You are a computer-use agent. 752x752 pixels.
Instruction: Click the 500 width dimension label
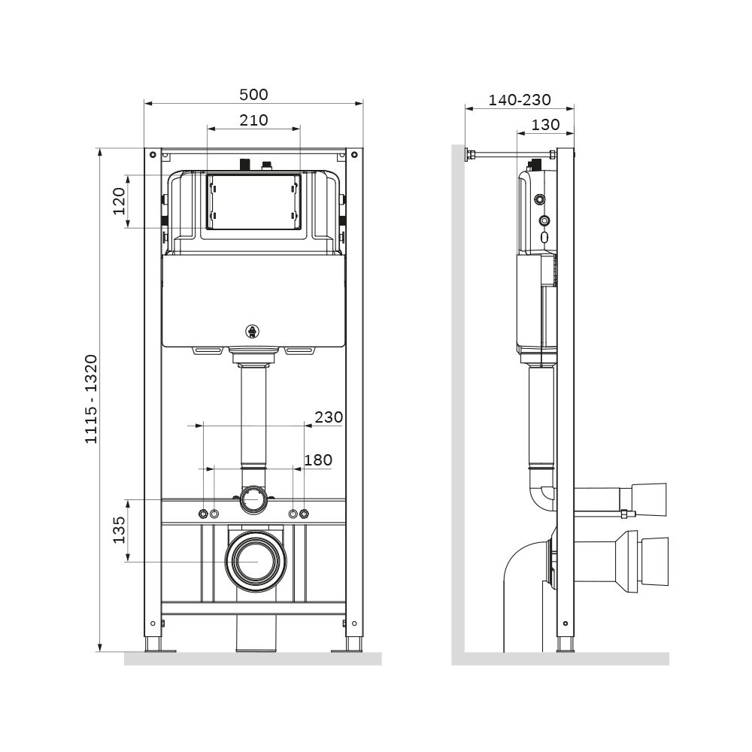pos(253,95)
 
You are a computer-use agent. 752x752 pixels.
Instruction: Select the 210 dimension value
pos(253,120)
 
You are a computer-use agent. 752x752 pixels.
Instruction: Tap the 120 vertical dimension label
pos(119,201)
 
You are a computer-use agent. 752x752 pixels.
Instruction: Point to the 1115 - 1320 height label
pos(90,399)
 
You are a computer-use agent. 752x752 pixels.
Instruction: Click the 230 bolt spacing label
pos(329,417)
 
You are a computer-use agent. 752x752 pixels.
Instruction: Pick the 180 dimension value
pos(317,459)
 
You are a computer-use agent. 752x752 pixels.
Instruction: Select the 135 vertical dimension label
pos(119,530)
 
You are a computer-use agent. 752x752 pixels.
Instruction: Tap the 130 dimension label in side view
pos(545,125)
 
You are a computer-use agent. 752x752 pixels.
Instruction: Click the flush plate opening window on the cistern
pos(253,201)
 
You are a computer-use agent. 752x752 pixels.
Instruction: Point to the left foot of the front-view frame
pos(153,644)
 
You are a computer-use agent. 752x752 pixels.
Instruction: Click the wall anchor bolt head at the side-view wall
pos(470,156)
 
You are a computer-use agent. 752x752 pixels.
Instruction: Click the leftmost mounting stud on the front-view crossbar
pos(202,514)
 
